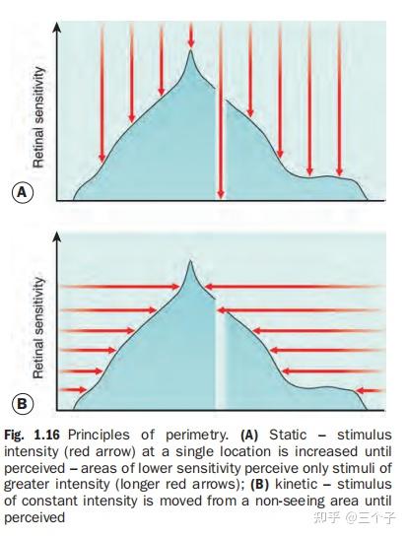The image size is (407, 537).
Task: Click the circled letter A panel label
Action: tap(23, 192)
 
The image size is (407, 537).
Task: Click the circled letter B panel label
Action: tap(23, 404)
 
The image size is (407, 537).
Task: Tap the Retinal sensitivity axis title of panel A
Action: tap(38, 117)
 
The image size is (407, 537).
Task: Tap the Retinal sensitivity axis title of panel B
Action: tap(38, 328)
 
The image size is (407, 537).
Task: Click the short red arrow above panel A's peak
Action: tap(191, 34)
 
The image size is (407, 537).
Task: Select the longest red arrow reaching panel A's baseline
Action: tap(221, 110)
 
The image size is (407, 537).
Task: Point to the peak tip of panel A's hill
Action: tap(191, 50)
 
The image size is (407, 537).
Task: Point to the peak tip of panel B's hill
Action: tap(191, 261)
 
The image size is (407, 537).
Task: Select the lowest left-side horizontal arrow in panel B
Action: tap(73, 390)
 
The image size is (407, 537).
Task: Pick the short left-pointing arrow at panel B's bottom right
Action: tap(369, 390)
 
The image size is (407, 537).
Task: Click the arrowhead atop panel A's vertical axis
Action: tap(57, 27)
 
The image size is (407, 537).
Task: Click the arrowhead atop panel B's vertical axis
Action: tap(57, 237)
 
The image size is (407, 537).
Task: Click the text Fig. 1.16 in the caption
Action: tap(32, 435)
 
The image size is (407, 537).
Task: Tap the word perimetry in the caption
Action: tap(197, 436)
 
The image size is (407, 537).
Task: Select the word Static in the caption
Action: tap(288, 435)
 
